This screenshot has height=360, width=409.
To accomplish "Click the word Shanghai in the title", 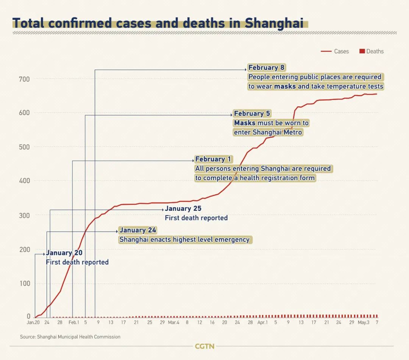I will click(x=274, y=23).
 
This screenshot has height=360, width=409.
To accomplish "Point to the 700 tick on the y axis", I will click(x=25, y=79).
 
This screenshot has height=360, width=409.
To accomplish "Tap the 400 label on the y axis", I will click(x=25, y=181).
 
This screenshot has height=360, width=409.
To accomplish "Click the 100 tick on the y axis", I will click(x=25, y=284).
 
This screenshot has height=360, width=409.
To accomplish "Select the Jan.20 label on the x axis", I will click(x=33, y=323).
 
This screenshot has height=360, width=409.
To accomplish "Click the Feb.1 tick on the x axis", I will click(x=74, y=323).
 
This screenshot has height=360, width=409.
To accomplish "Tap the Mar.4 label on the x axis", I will click(x=174, y=323).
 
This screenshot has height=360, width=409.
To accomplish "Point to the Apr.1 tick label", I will click(x=262, y=323).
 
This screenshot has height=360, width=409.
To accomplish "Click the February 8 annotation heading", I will click(x=266, y=68).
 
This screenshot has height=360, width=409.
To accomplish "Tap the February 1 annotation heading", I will click(x=213, y=159).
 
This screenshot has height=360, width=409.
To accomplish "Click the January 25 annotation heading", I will click(x=183, y=209).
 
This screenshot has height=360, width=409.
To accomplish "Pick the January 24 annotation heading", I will click(x=138, y=230).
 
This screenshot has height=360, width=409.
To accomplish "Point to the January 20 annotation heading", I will click(x=64, y=253).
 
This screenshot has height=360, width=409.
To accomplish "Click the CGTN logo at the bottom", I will click(x=204, y=346).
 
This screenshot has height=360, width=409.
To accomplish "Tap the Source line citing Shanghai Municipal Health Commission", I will click(x=70, y=337).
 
